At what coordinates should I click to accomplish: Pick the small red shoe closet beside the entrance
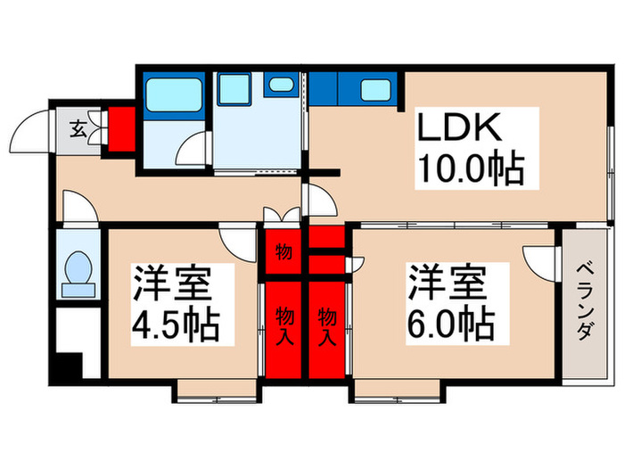pos(119,129)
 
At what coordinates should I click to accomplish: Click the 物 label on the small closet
pos(283,251)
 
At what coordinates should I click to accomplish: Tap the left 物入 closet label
pos(283,327)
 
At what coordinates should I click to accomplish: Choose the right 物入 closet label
pos(327,327)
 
